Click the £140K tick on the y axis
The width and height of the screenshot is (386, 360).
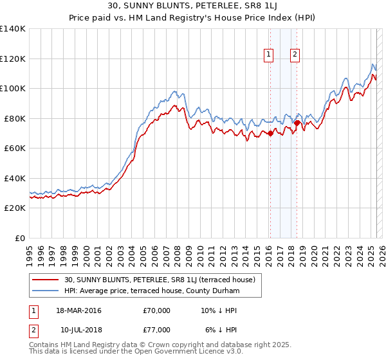point(13,29)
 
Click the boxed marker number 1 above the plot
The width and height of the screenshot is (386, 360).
point(268,55)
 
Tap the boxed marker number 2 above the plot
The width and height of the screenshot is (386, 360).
point(295,55)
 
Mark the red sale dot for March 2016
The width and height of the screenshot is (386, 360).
point(270,134)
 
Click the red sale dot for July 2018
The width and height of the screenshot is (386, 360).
point(297,123)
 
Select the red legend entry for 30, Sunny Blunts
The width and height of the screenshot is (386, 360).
point(161,280)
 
